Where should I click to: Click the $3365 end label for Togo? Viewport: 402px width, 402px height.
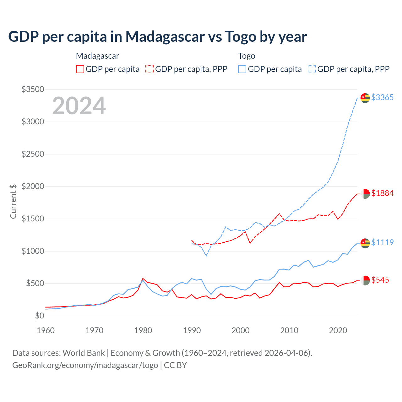coord(382,97)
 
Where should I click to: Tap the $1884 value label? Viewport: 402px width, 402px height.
coord(382,193)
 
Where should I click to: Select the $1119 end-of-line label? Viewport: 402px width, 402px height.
coord(382,242)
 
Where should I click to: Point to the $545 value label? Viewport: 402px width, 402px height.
coord(380,280)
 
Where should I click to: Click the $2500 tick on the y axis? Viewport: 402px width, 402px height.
coord(33,154)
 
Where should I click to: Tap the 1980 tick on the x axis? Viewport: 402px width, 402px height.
coord(143,330)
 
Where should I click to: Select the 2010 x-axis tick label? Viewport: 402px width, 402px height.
coord(289,330)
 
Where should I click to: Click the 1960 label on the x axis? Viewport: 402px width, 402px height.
coord(46,330)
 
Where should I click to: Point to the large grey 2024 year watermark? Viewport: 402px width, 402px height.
coord(79,106)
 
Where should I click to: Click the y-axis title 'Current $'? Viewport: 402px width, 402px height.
coord(13,201)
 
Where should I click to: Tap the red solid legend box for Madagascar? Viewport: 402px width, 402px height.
coord(80,69)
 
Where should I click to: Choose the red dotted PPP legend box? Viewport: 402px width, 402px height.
coord(150,69)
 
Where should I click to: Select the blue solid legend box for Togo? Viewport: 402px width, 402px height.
coord(242,69)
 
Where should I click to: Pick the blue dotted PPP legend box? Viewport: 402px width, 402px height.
coord(312,69)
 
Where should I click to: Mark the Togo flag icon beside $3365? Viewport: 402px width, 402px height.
coord(365,98)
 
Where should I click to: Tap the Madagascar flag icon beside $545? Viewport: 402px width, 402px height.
coord(365,280)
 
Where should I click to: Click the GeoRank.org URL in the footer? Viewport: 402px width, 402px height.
coord(85,365)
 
